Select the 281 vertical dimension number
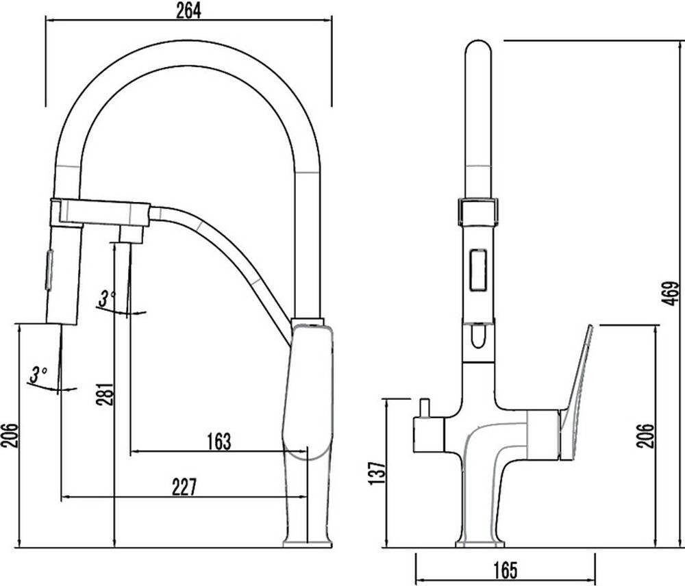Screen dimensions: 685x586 [105, 394]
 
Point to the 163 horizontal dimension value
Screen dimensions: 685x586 [219, 441]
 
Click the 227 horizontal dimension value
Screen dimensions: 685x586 [184, 487]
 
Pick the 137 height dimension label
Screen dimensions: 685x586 [378, 472]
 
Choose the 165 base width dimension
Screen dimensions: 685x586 [506, 570]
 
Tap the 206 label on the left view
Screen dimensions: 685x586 [10, 435]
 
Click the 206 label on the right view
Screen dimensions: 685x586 [646, 435]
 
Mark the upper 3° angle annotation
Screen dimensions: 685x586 [107, 298]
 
